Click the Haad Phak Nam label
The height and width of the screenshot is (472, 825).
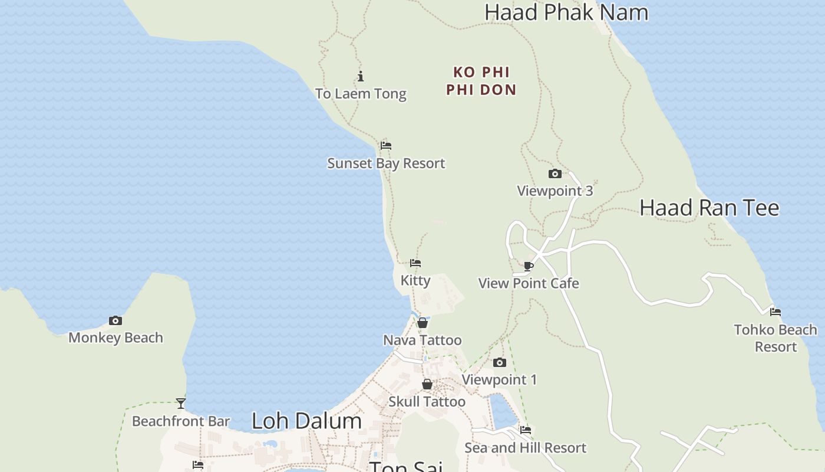[566, 12]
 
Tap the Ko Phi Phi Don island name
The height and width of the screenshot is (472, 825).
[481, 81]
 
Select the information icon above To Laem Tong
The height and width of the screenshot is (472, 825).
[361, 76]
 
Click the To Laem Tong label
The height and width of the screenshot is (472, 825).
[361, 94]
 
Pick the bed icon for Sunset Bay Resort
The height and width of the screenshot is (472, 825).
[386, 146]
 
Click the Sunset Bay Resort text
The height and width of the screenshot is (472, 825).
[386, 163]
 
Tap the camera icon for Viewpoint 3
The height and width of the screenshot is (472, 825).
[555, 173]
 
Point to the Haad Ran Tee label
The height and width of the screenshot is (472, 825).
[709, 208]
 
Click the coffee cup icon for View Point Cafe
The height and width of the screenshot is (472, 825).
[529, 266]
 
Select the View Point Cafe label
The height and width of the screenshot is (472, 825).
[529, 284]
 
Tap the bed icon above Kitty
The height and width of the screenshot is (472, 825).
[415, 263]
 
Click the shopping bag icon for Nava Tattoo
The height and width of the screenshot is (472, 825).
[423, 323]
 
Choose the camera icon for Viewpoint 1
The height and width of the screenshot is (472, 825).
[499, 362]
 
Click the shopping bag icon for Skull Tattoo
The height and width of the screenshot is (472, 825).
[427, 385]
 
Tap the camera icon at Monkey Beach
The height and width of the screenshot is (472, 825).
[115, 321]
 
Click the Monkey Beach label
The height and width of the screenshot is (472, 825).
[115, 338]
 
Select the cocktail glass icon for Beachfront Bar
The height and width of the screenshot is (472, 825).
[181, 404]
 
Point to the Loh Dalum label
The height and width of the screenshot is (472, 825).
[306, 421]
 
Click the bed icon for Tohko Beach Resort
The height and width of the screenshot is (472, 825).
[775, 312]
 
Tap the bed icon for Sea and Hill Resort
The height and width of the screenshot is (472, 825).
[525, 430]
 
